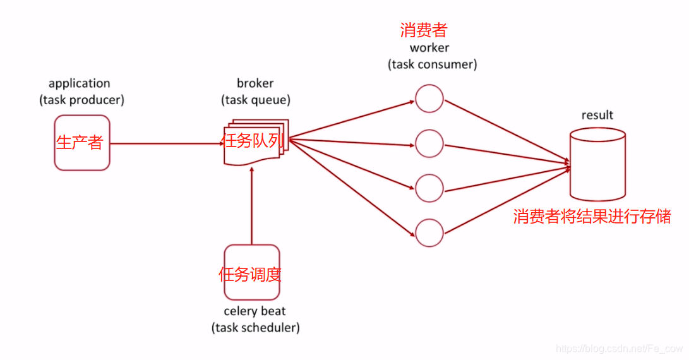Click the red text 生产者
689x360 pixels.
tap(80, 142)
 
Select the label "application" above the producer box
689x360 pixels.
tap(80, 83)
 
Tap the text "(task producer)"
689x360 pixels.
tap(82, 100)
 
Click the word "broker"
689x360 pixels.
tap(255, 83)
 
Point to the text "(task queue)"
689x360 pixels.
tap(256, 100)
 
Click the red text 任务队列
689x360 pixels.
tap(252, 141)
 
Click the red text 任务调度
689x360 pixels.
tap(250, 274)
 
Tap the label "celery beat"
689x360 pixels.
tap(255, 311)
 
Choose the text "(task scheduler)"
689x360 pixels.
tap(255, 327)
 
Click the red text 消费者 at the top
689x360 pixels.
tap(424, 30)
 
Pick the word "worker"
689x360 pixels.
tap(429, 47)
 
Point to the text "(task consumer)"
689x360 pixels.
tap(433, 64)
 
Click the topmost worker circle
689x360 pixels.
tap(429, 98)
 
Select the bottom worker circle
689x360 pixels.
tap(429, 232)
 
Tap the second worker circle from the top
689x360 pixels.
tap(429, 143)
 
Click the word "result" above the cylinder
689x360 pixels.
tap(597, 115)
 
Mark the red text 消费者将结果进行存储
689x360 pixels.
tap(592, 217)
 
